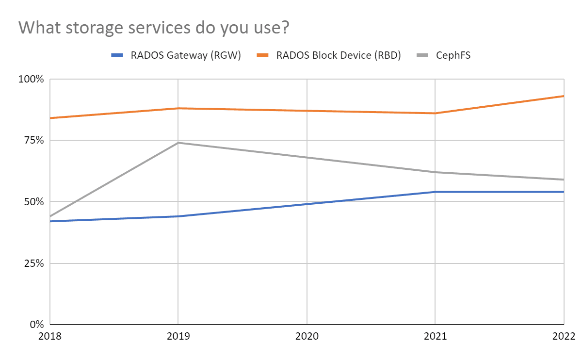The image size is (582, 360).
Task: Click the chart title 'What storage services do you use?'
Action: pyautogui.click(x=154, y=28)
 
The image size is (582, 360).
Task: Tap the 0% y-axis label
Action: pyautogui.click(x=38, y=324)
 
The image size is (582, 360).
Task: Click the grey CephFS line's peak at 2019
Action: pyautogui.click(x=178, y=143)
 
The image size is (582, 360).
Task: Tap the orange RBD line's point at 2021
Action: pyautogui.click(x=435, y=113)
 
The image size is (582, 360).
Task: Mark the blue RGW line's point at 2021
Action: pyautogui.click(x=435, y=192)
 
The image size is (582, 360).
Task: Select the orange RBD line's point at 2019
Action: pyautogui.click(x=178, y=108)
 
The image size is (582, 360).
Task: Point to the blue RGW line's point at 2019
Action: pyautogui.click(x=178, y=216)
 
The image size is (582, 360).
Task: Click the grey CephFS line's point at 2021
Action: pyautogui.click(x=435, y=172)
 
